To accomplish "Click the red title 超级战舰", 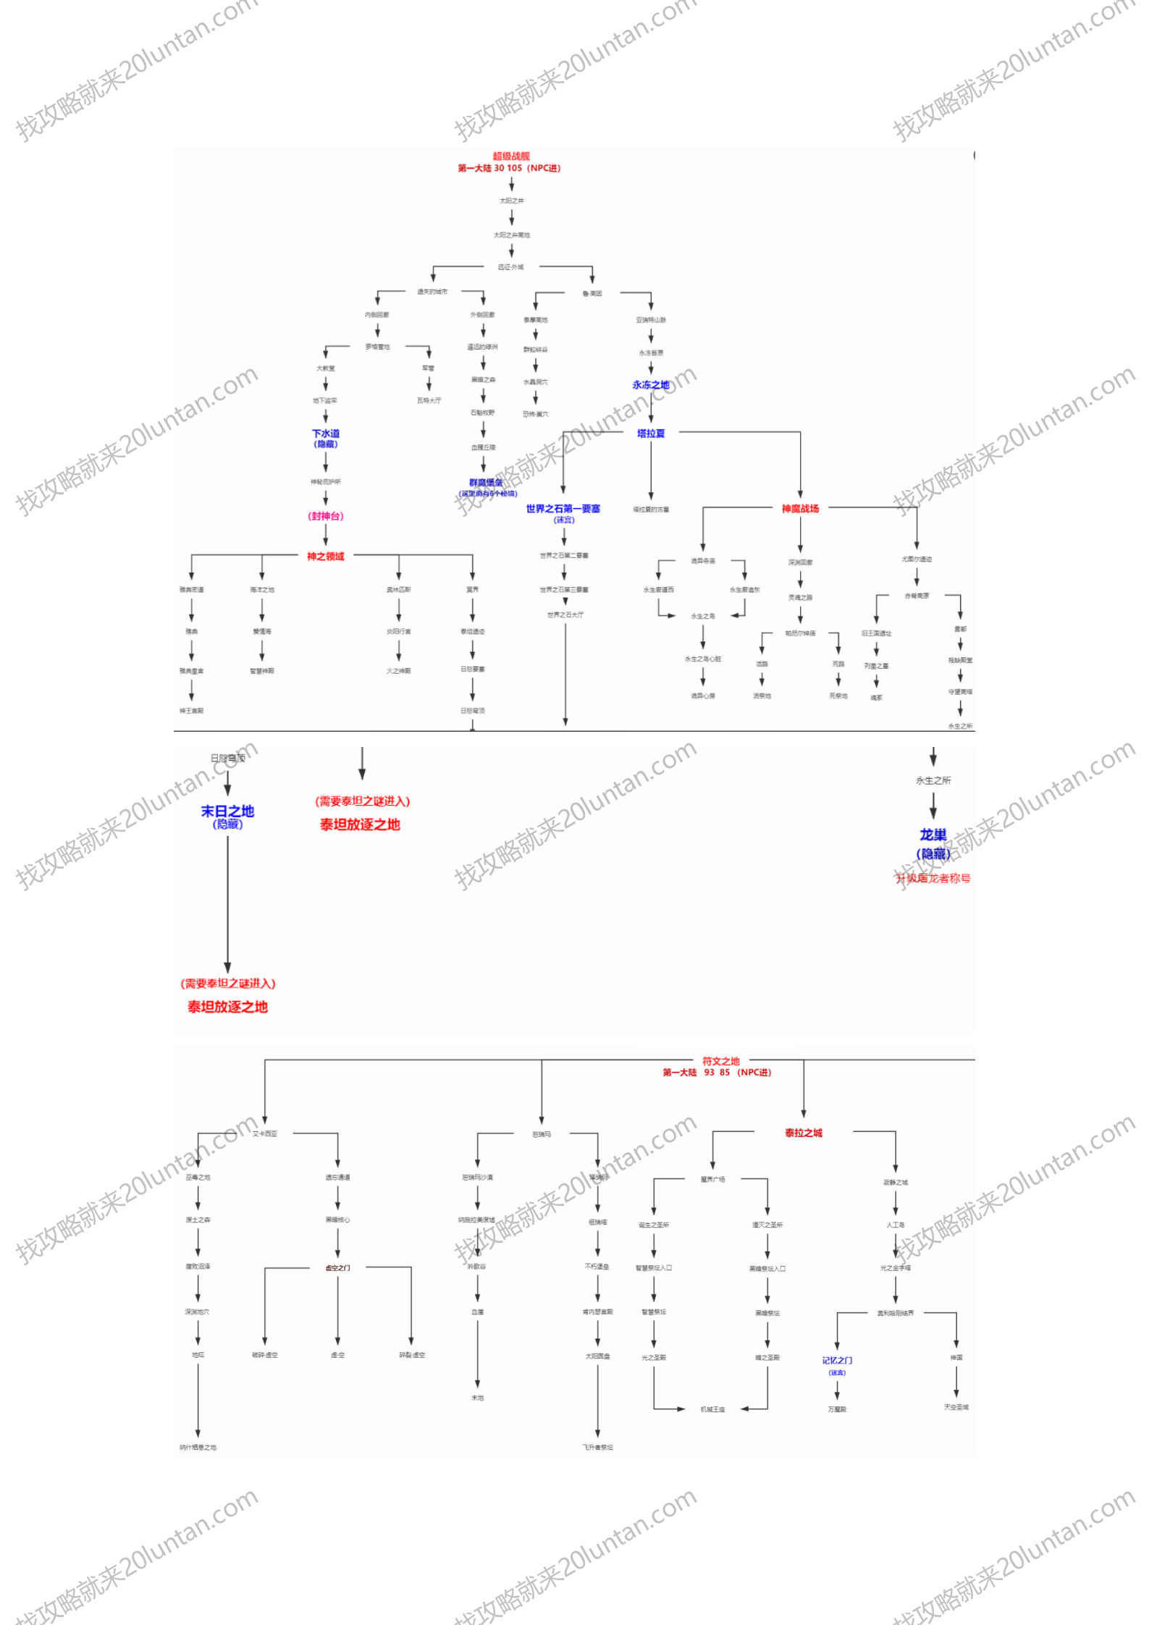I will [x=511, y=156].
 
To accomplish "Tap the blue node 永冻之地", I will [x=650, y=385].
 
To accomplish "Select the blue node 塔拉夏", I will [x=650, y=434].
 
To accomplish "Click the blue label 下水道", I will [x=326, y=434].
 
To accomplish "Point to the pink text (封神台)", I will [x=326, y=516].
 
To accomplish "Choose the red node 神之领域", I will [x=326, y=557].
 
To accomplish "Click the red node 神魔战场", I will [x=800, y=509].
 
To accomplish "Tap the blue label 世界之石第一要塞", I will [x=563, y=509].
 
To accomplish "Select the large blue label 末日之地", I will [x=227, y=811].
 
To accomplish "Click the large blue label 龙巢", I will [x=933, y=835].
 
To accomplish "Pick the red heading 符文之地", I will [x=721, y=1061].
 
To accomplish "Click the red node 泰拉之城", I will [x=804, y=1133].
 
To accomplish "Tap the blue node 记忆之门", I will [x=837, y=1361].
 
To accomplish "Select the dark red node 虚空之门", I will [x=337, y=1267].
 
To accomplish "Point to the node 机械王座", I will [x=712, y=1409].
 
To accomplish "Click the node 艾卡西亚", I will [x=265, y=1134].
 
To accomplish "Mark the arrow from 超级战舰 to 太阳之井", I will [x=511, y=184].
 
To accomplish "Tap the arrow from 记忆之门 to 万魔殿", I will [x=837, y=1390].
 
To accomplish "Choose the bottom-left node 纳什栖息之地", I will [x=198, y=1448].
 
